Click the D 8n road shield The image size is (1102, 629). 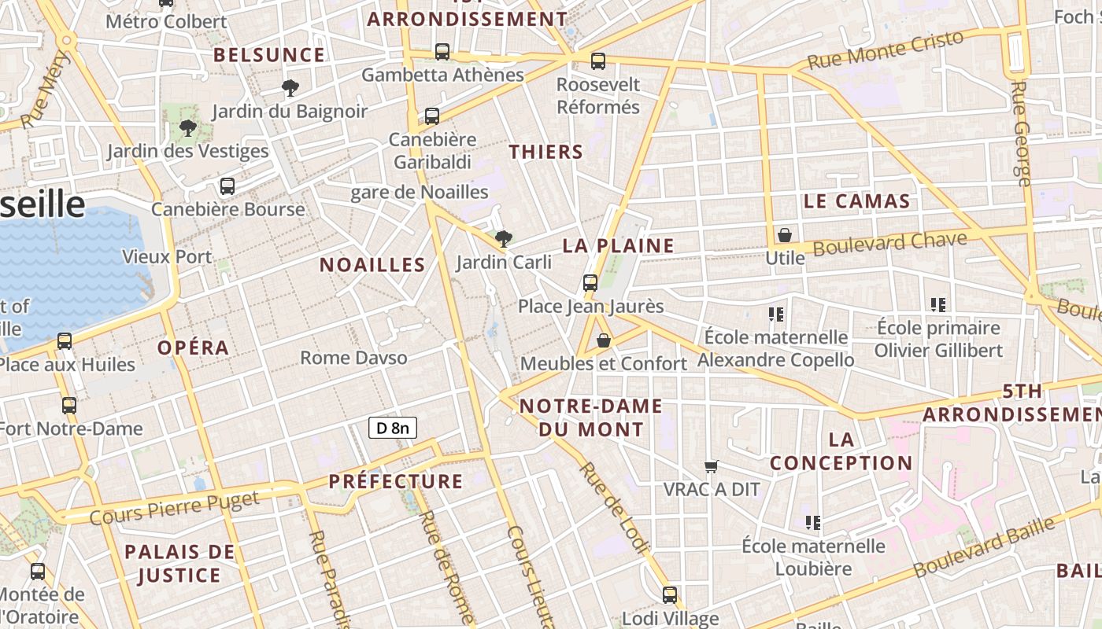coord(392,428)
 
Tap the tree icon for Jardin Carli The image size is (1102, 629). coord(503,238)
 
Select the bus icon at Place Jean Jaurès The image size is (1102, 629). coord(590,283)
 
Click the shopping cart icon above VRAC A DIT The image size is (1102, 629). coord(712,466)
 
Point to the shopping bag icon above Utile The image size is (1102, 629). coord(784,235)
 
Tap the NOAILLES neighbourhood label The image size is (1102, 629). coord(372,265)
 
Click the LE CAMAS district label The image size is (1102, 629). coord(856,201)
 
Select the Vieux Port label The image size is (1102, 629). coord(167,256)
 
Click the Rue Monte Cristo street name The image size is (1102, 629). coord(886,50)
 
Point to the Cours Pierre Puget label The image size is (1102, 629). coord(175,508)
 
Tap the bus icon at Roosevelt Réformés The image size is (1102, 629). coord(598,61)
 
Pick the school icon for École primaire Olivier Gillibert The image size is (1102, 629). coord(937,304)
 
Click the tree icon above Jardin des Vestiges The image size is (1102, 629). coord(187,127)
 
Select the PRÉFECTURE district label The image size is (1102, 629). coord(396,481)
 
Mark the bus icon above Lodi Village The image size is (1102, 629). coord(670,595)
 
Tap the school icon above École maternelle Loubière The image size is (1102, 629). coord(813,522)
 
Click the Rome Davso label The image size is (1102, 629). coord(354,358)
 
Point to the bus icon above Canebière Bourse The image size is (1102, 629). coord(227,186)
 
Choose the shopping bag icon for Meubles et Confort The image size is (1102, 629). coord(604,340)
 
